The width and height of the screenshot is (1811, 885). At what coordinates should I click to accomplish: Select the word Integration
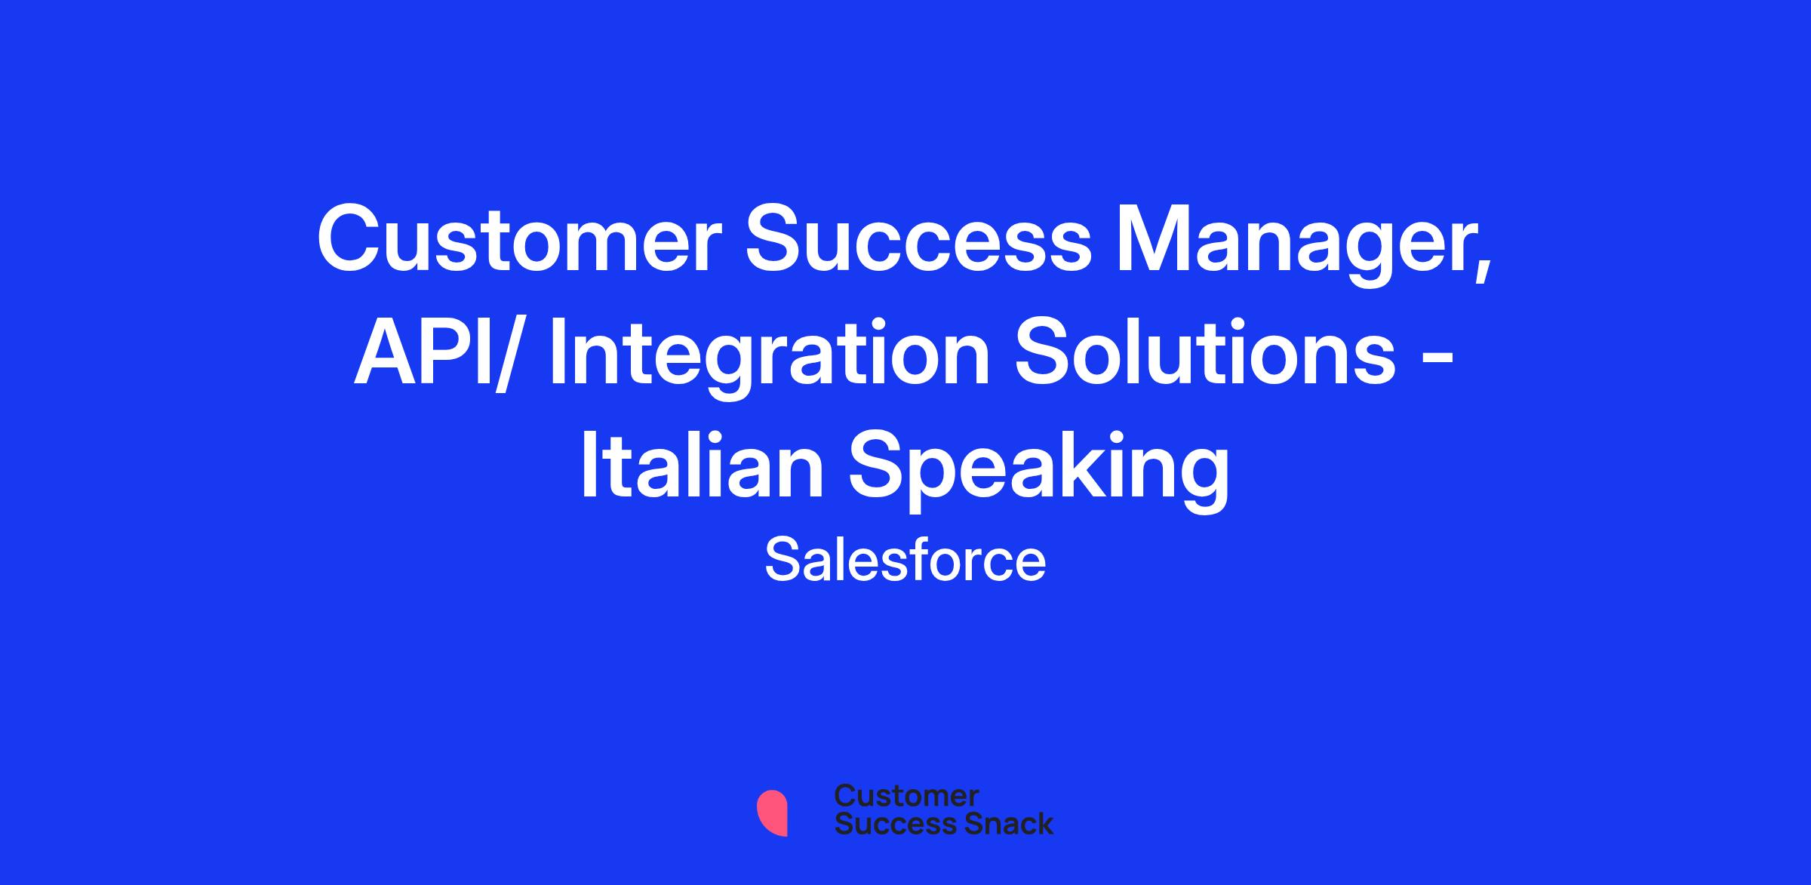pyautogui.click(x=770, y=359)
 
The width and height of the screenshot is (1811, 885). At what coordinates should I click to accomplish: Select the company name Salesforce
pyautogui.click(x=906, y=561)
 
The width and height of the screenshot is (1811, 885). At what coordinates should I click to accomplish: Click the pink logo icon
pyautogui.click(x=772, y=813)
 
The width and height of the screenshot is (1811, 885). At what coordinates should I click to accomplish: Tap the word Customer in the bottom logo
pyautogui.click(x=906, y=797)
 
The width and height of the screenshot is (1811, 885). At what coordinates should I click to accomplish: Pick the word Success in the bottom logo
pyautogui.click(x=887, y=824)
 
